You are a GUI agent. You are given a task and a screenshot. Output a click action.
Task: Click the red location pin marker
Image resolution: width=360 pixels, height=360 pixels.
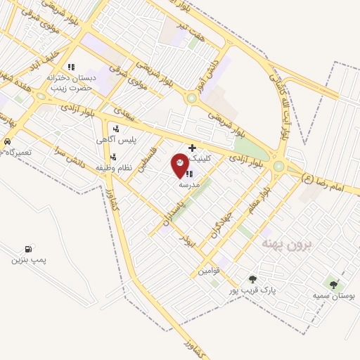[180, 164]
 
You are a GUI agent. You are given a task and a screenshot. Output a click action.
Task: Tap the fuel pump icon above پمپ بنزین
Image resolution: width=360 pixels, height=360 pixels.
[28, 249]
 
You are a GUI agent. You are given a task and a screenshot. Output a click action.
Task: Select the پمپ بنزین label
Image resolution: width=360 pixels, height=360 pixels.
[28, 260]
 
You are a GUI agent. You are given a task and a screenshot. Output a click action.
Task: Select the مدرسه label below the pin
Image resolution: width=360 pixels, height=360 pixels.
[190, 184]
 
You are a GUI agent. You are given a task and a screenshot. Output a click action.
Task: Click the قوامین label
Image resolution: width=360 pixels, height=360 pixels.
[209, 271]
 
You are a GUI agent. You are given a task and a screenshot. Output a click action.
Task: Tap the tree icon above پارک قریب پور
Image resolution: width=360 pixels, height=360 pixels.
[252, 279]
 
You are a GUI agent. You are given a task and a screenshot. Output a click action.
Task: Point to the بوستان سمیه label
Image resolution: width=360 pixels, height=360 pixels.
[334, 296]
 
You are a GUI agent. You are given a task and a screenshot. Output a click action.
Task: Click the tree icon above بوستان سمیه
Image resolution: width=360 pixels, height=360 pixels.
[333, 285]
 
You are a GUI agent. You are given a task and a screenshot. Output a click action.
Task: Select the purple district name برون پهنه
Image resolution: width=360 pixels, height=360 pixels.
[289, 243]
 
